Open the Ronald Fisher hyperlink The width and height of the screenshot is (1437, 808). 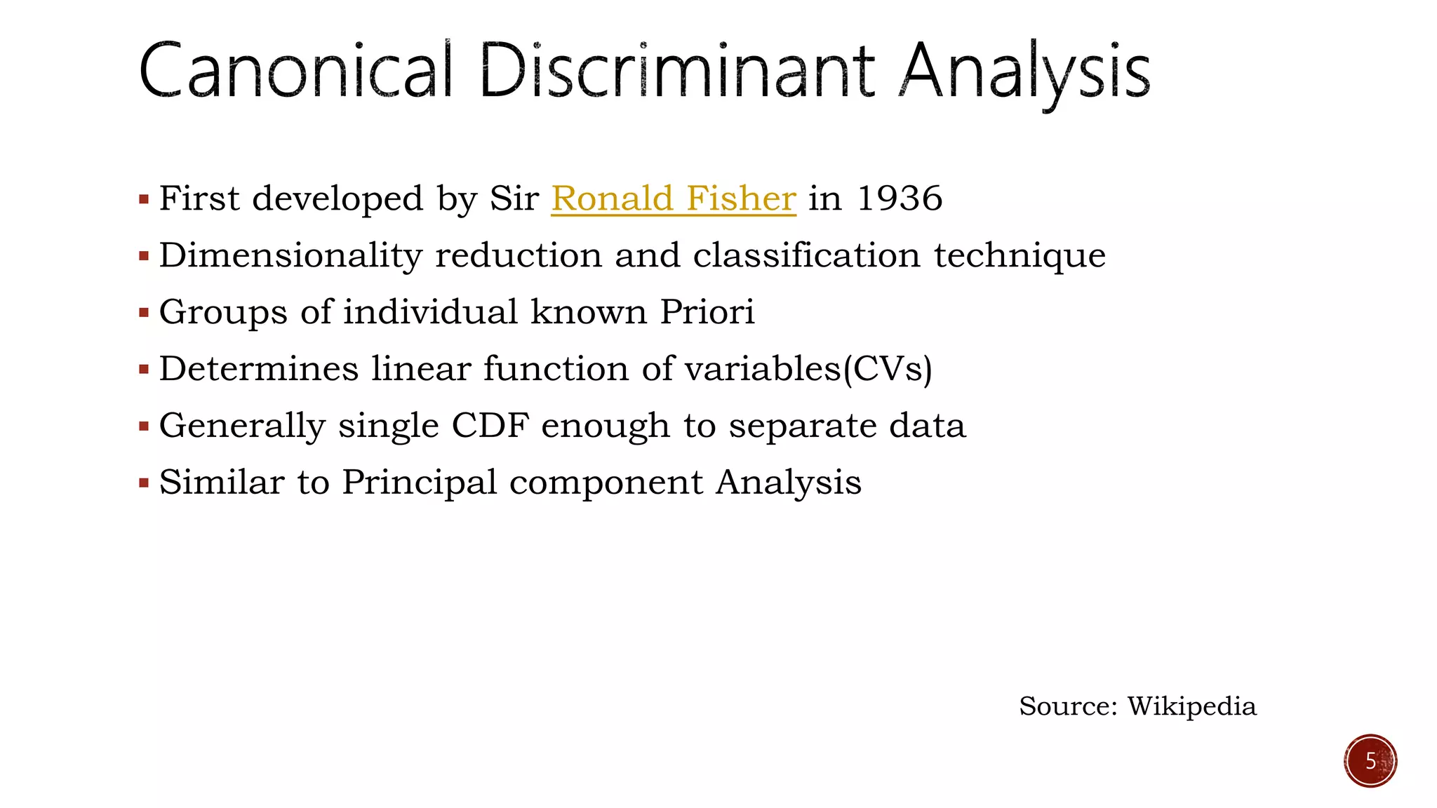[x=673, y=198]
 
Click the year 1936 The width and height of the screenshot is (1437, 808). [x=900, y=198]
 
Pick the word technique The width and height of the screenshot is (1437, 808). [x=1020, y=255]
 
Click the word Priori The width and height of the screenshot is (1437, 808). [x=707, y=312]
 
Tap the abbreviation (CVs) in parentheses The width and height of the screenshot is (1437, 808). [x=888, y=369]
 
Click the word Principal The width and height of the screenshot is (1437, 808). [x=419, y=483]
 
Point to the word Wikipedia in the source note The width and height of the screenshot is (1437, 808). [x=1191, y=706]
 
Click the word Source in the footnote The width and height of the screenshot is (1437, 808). [x=1067, y=706]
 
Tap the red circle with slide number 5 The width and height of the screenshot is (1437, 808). [x=1370, y=761]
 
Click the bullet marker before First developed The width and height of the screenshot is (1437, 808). [x=144, y=200]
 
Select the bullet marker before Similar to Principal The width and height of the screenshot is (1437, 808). [x=144, y=483]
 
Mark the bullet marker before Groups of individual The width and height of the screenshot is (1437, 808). [x=144, y=314]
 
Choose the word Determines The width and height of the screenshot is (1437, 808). [x=258, y=369]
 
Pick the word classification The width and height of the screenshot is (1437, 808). [x=806, y=255]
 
